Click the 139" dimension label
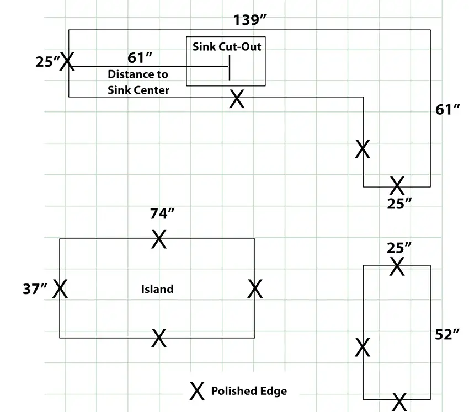click(x=249, y=20)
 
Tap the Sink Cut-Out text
click(x=227, y=47)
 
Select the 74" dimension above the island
click(x=162, y=214)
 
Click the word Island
click(x=157, y=289)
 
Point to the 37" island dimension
click(x=35, y=289)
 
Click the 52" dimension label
click(x=447, y=335)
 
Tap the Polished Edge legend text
click(x=249, y=391)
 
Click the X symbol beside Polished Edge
click(x=197, y=391)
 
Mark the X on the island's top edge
click(x=159, y=239)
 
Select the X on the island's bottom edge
click(x=159, y=338)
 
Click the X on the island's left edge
click(x=60, y=288)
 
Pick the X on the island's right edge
click(x=255, y=288)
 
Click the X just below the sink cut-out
click(x=237, y=99)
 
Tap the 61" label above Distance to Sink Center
click(x=140, y=58)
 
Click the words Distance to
click(x=138, y=74)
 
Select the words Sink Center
click(x=138, y=90)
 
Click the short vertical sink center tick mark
click(x=230, y=68)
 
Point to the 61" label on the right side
click(x=447, y=110)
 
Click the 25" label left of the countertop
click(x=47, y=62)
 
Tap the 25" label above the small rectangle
click(x=399, y=248)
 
